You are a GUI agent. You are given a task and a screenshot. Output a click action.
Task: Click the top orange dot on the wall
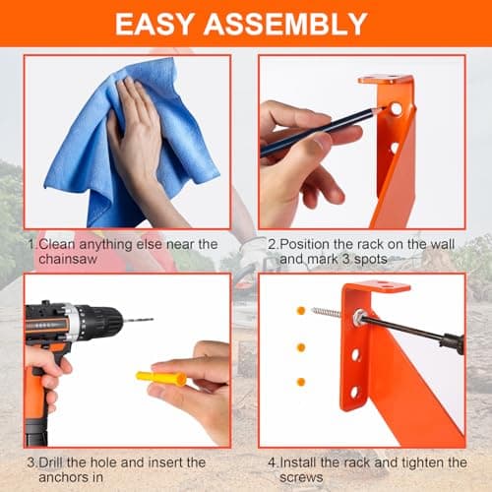[x=301, y=310]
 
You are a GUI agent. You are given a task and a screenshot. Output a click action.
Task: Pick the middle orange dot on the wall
[x=301, y=346]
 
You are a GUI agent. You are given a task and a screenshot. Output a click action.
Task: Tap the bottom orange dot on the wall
[x=301, y=381]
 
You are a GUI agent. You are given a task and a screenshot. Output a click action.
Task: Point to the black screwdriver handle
[x=452, y=341]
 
